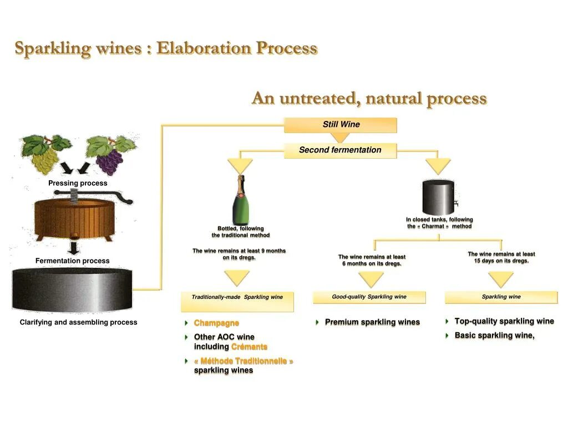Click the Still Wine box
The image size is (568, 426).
(341, 125)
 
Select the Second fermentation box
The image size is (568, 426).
(340, 150)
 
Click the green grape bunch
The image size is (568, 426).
(45, 154)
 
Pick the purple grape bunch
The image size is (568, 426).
(110, 156)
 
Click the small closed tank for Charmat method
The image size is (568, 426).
(439, 197)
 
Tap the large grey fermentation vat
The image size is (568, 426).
(73, 290)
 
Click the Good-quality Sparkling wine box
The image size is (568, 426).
(369, 297)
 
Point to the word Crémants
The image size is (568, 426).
(249, 347)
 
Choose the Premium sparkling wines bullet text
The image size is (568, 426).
(372, 322)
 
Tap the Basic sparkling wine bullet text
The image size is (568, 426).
(494, 335)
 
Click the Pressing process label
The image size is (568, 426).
(78, 183)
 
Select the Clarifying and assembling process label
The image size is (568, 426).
(78, 322)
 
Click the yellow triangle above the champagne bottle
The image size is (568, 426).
(240, 166)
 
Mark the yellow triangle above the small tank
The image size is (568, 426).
(438, 166)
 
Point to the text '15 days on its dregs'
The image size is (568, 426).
(501, 261)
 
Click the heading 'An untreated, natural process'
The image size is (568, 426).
(369, 99)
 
